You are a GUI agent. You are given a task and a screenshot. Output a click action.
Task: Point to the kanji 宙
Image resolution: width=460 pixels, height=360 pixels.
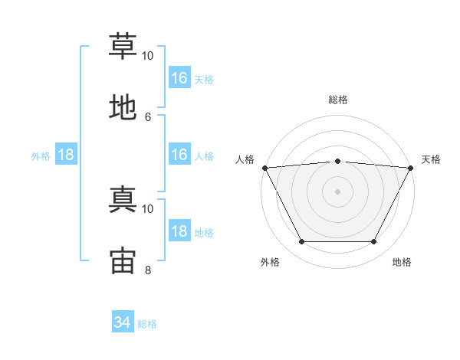(x=123, y=260)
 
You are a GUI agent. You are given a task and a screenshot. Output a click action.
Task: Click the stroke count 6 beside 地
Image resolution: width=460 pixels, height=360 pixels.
(x=148, y=116)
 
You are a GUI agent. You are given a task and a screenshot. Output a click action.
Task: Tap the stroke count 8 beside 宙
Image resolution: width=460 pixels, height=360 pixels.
(x=148, y=269)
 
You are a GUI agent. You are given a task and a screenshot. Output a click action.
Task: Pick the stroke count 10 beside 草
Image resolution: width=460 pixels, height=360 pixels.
(x=148, y=56)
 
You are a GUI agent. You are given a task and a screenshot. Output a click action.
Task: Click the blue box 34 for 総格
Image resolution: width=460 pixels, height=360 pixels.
(x=122, y=323)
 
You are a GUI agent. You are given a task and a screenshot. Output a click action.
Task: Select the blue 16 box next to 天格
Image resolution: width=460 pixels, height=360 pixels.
(x=179, y=78)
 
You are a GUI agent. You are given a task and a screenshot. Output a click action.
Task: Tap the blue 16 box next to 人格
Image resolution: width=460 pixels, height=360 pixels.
(x=179, y=155)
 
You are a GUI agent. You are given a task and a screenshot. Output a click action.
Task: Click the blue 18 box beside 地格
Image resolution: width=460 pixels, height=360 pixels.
(x=179, y=231)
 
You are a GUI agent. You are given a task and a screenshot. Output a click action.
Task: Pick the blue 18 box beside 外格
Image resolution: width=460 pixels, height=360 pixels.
(x=66, y=155)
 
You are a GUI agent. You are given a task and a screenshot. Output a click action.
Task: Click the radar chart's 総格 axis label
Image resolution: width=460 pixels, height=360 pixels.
(x=337, y=100)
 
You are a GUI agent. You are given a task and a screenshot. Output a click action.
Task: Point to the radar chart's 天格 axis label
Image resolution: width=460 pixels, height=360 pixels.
(x=432, y=159)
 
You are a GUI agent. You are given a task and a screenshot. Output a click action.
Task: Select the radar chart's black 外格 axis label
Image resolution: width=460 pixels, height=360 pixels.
(x=270, y=262)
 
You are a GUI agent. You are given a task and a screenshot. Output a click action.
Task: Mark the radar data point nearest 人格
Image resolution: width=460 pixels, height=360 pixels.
(x=264, y=168)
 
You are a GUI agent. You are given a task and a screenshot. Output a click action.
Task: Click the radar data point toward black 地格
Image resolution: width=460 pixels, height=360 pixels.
(x=374, y=242)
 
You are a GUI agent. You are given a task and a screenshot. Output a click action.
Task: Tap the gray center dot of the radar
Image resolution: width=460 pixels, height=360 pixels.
(x=337, y=191)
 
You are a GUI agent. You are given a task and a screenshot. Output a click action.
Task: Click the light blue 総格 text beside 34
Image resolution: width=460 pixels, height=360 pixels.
(x=147, y=324)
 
